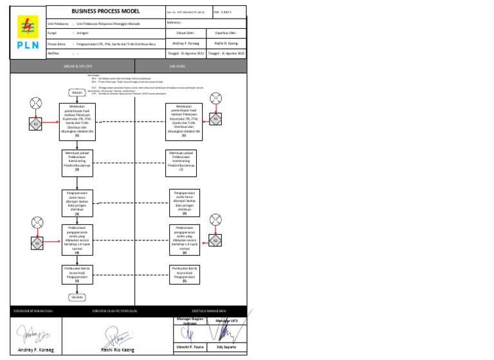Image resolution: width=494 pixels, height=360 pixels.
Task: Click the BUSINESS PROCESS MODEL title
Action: [x=105, y=12]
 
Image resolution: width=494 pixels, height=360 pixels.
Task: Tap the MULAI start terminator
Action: [x=77, y=92]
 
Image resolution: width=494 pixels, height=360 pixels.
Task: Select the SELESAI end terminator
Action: [x=77, y=298]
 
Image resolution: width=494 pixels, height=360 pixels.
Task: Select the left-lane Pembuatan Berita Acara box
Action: [x=77, y=274]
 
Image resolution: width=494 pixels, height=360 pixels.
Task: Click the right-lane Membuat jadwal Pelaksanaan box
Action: [x=184, y=161]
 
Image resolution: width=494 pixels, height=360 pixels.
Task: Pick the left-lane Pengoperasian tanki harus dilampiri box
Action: [x=77, y=202]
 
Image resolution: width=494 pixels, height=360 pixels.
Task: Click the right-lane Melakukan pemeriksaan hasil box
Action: [x=184, y=122]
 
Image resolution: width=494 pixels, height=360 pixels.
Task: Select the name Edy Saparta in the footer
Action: [x=226, y=346]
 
